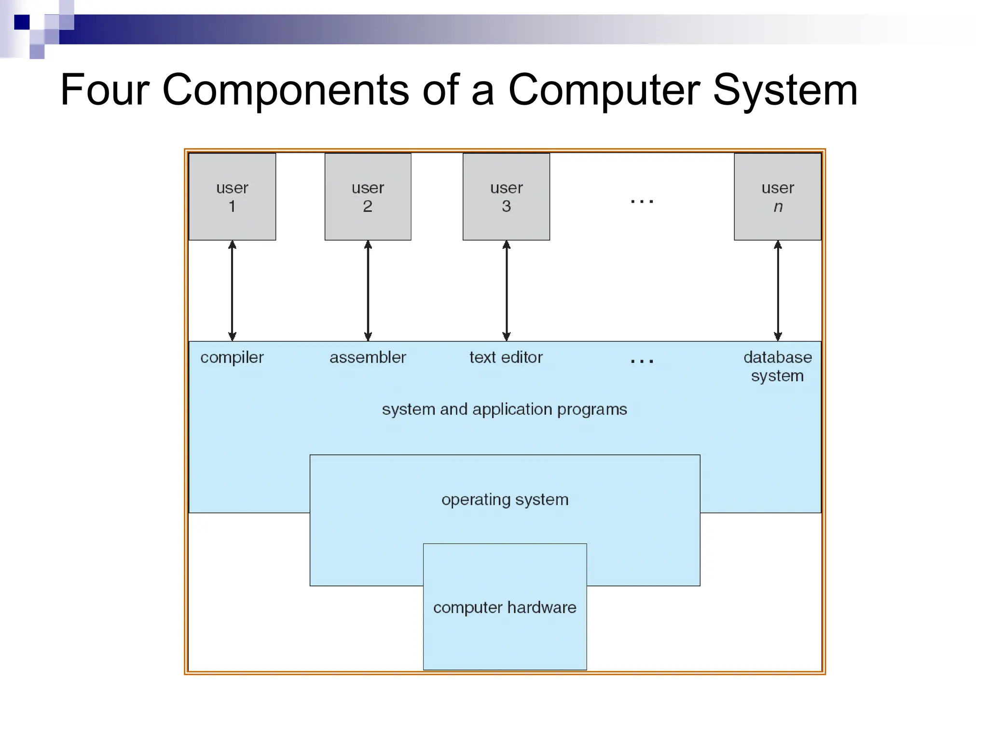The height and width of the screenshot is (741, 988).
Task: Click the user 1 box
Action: [x=232, y=196]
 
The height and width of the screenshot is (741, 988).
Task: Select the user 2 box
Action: [x=368, y=196]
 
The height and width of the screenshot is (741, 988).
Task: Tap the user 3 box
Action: [x=506, y=196]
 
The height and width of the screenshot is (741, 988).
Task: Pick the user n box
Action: [x=777, y=196]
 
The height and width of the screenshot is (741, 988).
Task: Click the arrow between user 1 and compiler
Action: [x=232, y=290]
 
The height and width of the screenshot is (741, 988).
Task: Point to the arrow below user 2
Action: [x=368, y=290]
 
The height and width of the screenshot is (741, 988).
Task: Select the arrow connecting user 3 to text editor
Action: [x=507, y=290]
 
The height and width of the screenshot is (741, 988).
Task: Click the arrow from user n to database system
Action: [x=778, y=290]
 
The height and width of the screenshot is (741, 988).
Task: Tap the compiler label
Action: [x=232, y=357]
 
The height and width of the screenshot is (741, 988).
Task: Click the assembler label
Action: [x=368, y=357]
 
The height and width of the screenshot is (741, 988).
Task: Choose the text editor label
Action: [x=506, y=357]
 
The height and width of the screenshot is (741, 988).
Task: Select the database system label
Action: [x=777, y=366]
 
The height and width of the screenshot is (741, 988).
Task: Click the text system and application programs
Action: [x=504, y=409]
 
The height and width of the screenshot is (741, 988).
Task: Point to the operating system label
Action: [x=505, y=499]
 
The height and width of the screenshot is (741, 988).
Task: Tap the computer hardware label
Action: [x=505, y=607]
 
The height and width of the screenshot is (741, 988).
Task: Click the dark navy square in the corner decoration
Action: [x=22, y=22]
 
